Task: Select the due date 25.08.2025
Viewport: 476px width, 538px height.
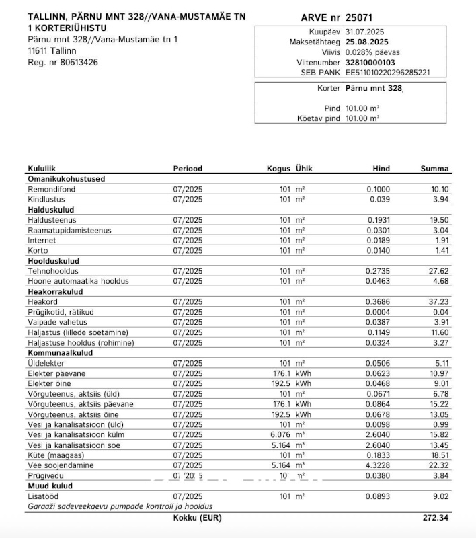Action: tap(368, 42)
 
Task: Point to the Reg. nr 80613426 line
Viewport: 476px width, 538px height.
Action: tap(63, 62)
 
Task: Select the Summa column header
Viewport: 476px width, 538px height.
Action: tap(434, 169)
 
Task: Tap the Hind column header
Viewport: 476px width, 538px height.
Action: tap(381, 169)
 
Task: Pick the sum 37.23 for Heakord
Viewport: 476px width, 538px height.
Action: tap(440, 302)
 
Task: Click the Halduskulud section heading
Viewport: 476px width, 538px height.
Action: tap(50, 210)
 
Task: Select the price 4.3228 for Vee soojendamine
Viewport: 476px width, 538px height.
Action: tap(378, 465)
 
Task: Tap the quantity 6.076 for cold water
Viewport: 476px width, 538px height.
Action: tap(281, 434)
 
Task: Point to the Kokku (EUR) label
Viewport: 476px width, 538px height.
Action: tap(197, 518)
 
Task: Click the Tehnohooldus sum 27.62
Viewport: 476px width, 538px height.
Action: tap(440, 271)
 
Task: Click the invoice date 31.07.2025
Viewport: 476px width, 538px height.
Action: tap(365, 32)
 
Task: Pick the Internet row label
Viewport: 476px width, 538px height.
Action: tap(42, 241)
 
